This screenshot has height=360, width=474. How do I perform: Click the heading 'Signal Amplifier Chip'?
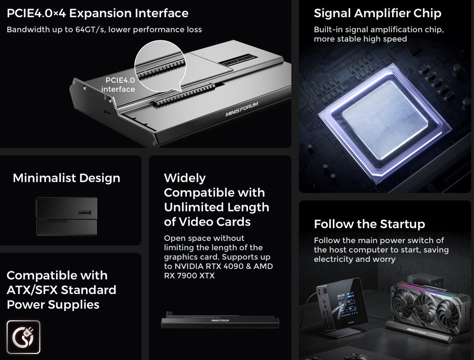click(377, 14)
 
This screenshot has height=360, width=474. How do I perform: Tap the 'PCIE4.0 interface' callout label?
click(118, 85)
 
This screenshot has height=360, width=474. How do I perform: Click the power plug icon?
click(23, 337)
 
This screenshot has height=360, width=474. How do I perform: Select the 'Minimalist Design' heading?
click(66, 178)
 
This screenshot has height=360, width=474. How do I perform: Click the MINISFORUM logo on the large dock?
click(242, 109)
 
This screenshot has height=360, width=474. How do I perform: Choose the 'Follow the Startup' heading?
click(369, 224)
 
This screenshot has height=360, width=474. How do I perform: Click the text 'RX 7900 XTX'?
click(189, 276)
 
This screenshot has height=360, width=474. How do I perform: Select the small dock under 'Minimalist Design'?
click(66, 216)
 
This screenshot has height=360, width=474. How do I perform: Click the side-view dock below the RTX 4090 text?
click(220, 320)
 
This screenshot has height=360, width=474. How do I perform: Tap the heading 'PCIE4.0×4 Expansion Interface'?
click(98, 14)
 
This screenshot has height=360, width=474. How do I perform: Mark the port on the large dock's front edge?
click(108, 113)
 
